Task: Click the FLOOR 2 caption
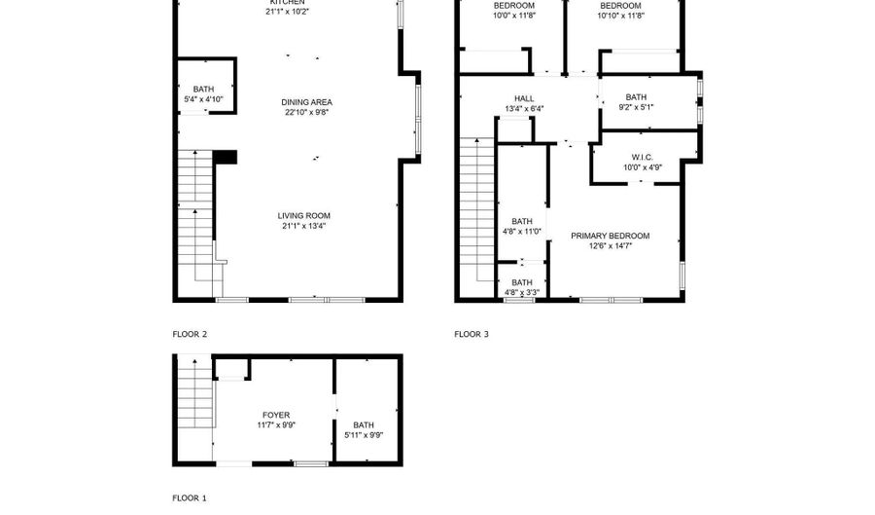190,334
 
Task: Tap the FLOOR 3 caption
472,334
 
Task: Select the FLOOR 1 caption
190,498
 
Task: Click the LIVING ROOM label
304,216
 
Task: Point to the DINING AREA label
307,102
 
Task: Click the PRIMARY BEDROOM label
610,236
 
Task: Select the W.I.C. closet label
642,157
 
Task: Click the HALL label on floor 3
524,98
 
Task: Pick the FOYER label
275,416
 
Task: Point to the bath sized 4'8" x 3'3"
522,283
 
